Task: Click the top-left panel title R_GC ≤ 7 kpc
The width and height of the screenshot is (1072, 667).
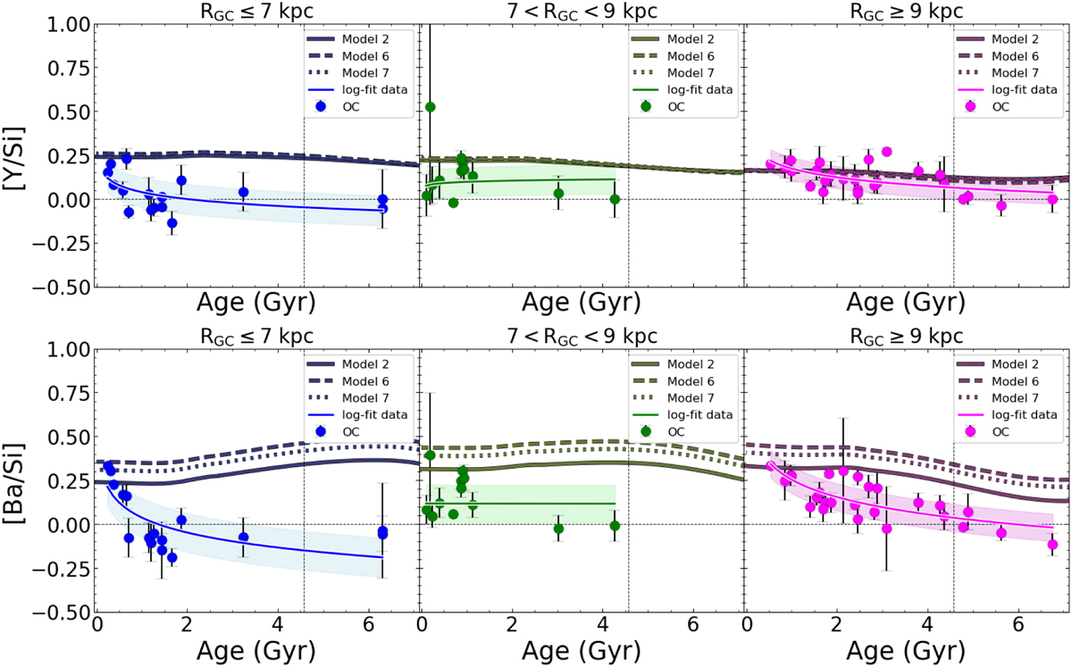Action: [256, 11]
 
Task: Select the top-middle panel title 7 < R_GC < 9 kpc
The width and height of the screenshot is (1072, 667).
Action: [582, 11]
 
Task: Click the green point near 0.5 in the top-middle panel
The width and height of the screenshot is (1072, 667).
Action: [430, 107]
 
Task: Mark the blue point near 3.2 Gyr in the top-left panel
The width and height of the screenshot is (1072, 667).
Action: [243, 191]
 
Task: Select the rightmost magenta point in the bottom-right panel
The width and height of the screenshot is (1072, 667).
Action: [1052, 544]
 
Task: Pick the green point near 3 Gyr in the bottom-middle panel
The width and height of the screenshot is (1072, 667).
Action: [558, 529]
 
